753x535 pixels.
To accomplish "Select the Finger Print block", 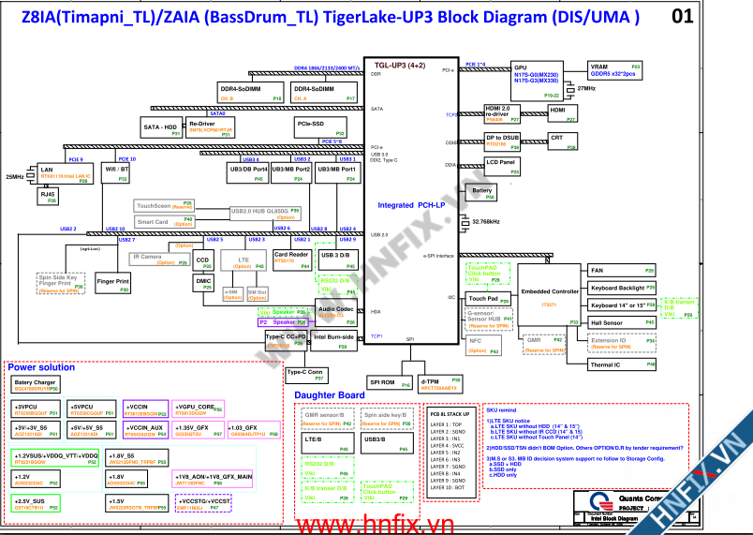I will (112, 283).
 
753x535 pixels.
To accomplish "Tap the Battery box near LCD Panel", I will (481, 192).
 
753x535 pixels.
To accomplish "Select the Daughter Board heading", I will (329, 395).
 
